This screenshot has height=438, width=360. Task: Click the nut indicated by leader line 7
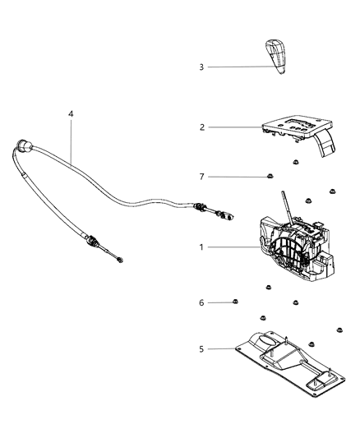coord(270,177)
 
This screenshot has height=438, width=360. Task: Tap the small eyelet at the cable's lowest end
coord(120,261)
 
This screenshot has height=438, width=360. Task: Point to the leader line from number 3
coord(238,67)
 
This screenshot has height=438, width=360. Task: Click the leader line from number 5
coord(226,348)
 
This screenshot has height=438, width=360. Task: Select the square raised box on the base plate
coord(318,384)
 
